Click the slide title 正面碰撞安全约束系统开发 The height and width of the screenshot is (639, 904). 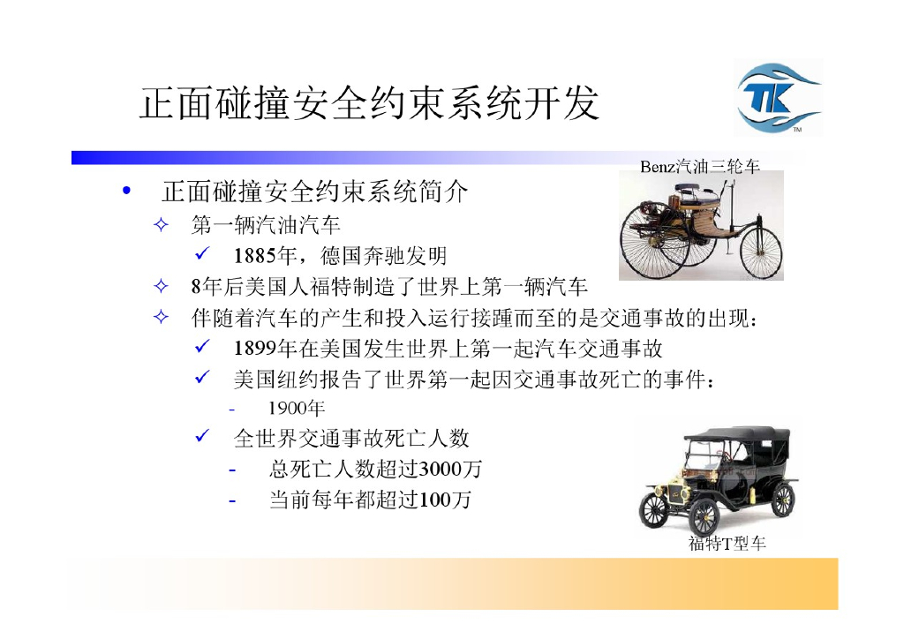pos(369,103)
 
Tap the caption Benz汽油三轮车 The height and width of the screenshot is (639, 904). pos(699,166)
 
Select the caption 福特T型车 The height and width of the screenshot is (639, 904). pos(727,544)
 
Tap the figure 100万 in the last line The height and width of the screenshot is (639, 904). pos(445,500)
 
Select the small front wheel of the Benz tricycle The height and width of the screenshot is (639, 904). pos(760,252)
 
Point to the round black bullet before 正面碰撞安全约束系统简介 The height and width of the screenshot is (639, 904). pos(129,192)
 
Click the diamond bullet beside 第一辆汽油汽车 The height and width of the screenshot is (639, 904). pos(161,225)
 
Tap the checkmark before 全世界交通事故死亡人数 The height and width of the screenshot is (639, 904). pos(201,436)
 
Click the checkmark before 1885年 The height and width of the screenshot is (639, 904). pos(201,256)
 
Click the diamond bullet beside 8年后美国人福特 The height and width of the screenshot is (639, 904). pos(161,287)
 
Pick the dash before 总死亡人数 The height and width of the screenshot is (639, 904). pos(232,470)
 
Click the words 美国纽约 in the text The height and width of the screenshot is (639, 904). pos(263,380)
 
